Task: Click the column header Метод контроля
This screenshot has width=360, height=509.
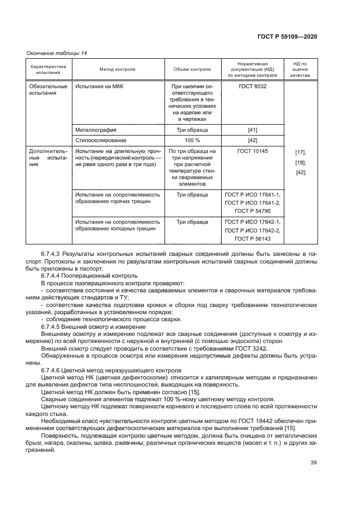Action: [x=117, y=70]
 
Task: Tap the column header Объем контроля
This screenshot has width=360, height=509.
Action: [x=192, y=70]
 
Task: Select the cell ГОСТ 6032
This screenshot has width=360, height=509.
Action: [x=252, y=86]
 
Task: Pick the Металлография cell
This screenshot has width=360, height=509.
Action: [x=96, y=130]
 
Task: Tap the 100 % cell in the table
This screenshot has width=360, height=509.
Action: [x=192, y=140]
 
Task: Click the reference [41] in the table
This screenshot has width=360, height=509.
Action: [x=252, y=130]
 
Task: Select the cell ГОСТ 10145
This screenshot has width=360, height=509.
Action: [x=252, y=150]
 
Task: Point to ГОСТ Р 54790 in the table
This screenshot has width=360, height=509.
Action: [x=252, y=210]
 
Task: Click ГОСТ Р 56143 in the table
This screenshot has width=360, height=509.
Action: [x=252, y=238]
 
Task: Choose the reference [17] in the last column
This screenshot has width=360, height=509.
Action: [x=300, y=152]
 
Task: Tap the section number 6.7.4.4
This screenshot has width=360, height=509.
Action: [x=53, y=276]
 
